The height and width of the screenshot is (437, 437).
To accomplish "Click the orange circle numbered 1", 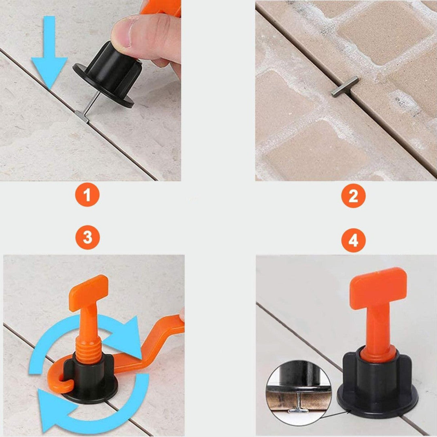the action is click(87, 195).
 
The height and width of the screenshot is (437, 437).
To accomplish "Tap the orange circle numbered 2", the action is click(353, 196).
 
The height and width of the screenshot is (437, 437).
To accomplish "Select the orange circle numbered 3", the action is click(87, 238).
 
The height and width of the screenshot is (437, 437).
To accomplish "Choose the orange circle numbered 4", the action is click(353, 240).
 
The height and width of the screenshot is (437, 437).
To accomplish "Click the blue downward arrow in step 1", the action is click(49, 53).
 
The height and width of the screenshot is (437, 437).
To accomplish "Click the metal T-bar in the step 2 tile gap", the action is click(344, 87).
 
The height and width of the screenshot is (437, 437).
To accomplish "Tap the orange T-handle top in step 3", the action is click(89, 293).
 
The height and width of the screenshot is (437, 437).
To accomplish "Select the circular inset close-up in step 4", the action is click(299, 393).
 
